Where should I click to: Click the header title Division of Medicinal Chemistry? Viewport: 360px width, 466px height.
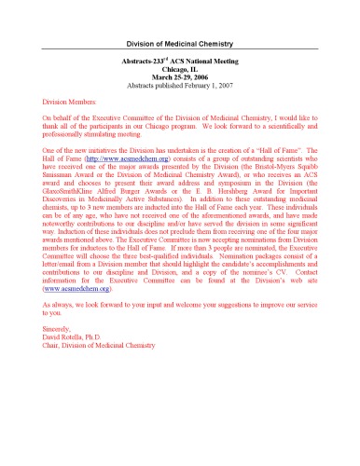click(x=179, y=44)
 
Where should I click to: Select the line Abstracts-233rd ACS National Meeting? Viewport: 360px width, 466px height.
click(x=179, y=60)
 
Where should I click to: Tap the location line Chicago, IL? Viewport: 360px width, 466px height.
click(x=179, y=67)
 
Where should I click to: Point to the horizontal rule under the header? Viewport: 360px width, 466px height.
click(x=179, y=50)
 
